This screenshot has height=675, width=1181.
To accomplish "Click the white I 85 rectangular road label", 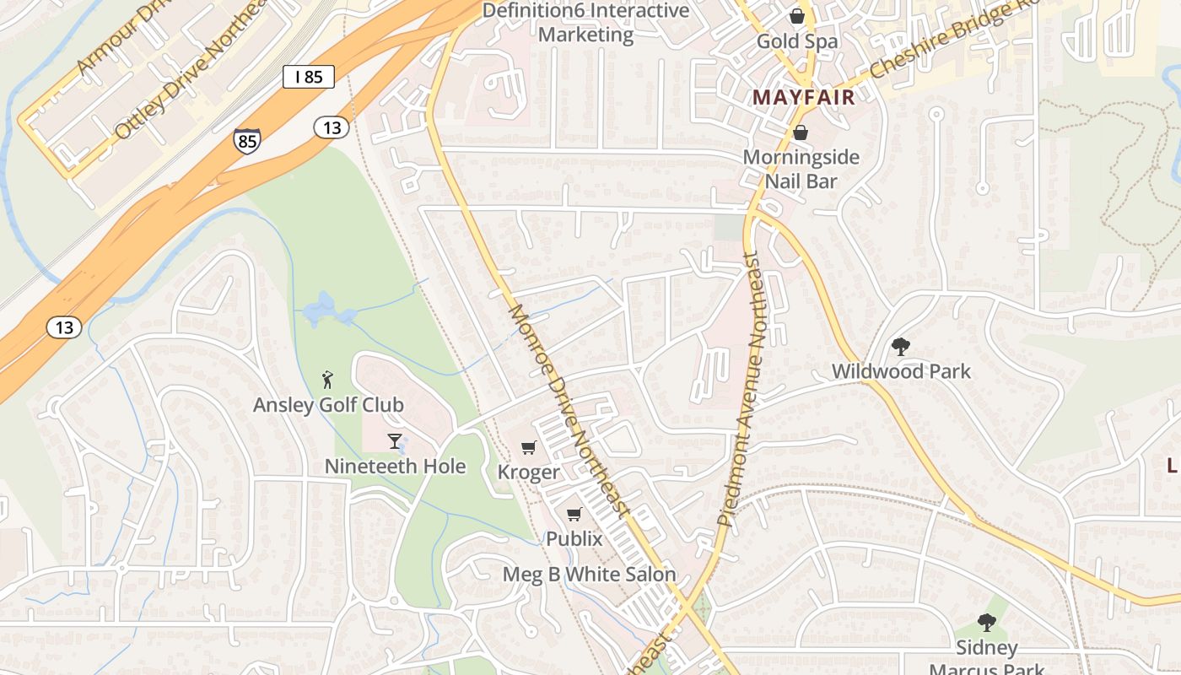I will pos(309,77).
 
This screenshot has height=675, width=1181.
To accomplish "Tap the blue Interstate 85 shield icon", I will pos(247,141).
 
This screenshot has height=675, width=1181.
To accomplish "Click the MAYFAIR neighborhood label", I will pos(804,97).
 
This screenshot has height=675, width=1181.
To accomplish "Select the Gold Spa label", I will pos(797,41).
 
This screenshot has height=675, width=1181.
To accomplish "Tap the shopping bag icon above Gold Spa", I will pos(796,16).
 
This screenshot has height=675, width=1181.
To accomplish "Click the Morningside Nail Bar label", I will pos(801,169).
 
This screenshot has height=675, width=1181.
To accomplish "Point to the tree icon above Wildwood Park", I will pos(901,346).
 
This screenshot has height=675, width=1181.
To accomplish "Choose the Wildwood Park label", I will pos(901,371).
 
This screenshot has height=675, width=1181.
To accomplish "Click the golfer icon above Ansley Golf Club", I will pos(328,380).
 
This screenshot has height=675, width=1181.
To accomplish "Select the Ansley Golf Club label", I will pos(328,405).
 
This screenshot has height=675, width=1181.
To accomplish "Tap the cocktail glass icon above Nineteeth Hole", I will pos(394,440).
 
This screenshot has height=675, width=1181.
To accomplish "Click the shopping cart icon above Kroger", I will pos(528,447).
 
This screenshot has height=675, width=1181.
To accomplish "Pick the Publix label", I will pos(574,538).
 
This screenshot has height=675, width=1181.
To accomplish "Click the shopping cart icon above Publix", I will pos(574,514).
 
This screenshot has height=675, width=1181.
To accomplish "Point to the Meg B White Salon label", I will pos(590,575).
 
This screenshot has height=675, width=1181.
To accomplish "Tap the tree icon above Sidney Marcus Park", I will pos(986,623).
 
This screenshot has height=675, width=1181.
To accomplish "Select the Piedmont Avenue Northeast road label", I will pos(741,388).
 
